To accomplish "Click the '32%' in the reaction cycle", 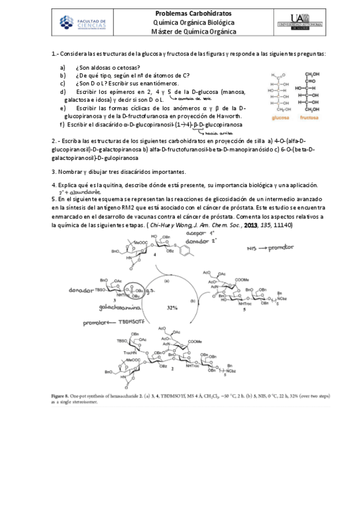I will (172, 307).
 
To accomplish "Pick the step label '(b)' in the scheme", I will (192, 299).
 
